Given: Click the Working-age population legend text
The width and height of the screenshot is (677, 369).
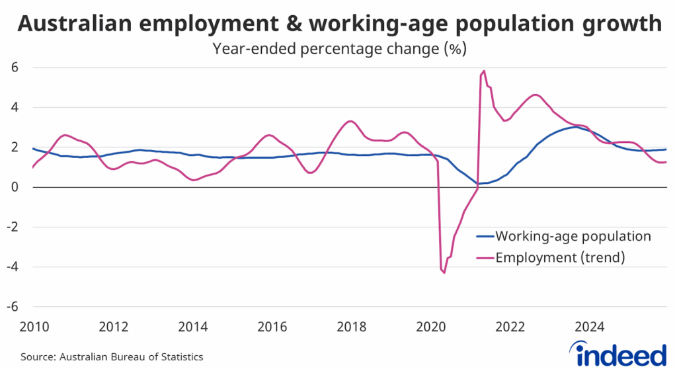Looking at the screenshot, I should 573,236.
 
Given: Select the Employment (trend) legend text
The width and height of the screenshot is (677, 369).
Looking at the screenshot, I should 560,257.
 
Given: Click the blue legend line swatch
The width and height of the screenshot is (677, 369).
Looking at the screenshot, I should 485,237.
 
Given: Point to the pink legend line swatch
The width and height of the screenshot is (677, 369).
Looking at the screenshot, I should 485,258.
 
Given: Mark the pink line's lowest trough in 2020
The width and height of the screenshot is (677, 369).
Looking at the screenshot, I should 444,272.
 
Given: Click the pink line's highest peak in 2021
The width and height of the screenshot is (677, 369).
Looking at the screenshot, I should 484,71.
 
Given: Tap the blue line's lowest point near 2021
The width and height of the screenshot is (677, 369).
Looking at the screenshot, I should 477,184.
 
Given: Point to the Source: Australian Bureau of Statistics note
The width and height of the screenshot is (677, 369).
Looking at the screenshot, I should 112,356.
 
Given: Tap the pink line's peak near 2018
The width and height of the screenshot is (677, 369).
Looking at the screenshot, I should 351,121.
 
